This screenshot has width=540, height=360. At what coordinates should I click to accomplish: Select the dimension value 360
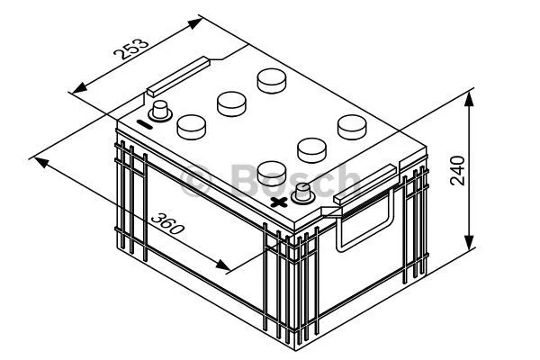pyautogui.click(x=168, y=222)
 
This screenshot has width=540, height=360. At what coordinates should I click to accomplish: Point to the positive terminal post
pyautogui.click(x=302, y=192)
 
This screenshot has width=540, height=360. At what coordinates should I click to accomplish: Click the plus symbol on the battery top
pyautogui.click(x=280, y=202)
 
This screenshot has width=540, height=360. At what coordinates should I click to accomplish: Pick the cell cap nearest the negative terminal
pyautogui.click(x=192, y=125)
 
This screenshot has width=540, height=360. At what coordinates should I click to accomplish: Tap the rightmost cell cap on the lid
pyautogui.click(x=351, y=125)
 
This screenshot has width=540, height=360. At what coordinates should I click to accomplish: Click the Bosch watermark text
pyautogui.click(x=270, y=180)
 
